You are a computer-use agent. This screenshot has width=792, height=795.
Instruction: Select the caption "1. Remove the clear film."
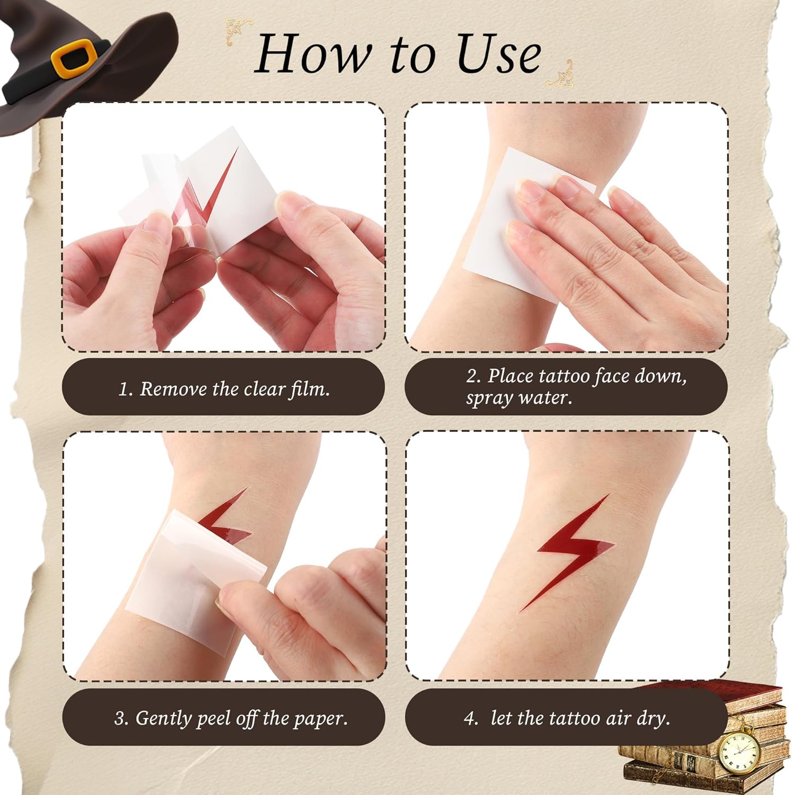pos(224,389)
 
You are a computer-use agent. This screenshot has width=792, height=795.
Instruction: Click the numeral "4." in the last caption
pos(471,718)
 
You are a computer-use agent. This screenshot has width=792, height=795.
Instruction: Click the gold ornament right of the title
pos(560,75)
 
